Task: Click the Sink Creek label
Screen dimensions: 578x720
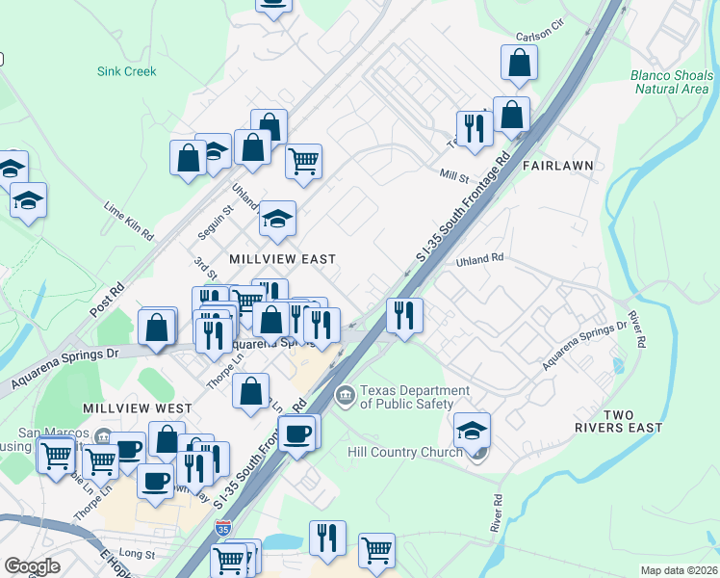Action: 126,71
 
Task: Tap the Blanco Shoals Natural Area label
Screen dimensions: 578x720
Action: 669,82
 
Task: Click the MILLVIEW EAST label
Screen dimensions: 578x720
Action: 282,259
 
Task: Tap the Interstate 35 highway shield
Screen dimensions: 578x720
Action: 223,528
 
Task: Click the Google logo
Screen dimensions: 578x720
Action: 32,566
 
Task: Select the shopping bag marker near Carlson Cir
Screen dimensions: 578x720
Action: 519,63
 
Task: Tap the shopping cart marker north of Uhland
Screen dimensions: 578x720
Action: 303,160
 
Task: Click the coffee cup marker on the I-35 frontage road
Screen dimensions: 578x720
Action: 296,432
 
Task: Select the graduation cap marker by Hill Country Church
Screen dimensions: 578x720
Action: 472,430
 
